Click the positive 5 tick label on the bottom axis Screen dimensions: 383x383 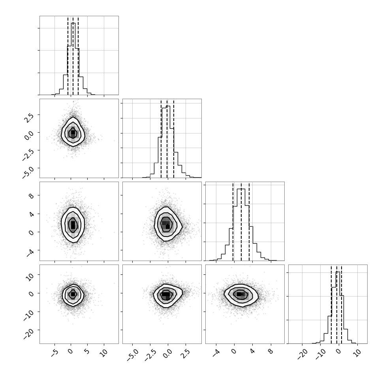[87, 352]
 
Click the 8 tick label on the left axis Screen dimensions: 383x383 [31, 195]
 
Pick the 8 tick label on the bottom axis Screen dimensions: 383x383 [270, 352]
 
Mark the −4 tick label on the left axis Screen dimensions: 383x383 [30, 253]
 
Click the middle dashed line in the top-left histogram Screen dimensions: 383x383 [73, 56]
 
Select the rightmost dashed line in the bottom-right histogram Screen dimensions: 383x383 [342, 304]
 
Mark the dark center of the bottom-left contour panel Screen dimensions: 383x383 [73, 294]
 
